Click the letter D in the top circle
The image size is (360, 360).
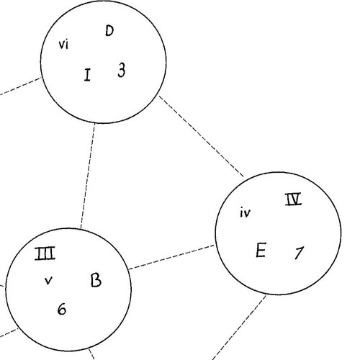click(109, 31)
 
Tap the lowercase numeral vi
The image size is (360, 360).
click(63, 46)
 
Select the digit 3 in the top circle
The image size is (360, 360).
click(121, 70)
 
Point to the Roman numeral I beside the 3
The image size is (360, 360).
click(87, 74)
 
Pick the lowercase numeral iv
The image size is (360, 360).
click(246, 212)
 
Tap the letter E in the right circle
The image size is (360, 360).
click(261, 251)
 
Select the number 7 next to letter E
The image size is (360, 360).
click(299, 253)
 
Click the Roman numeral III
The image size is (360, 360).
click(47, 253)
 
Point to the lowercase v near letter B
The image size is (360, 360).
click(48, 280)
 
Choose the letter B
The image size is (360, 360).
click(96, 280)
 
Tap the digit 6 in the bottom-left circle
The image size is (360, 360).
click(62, 310)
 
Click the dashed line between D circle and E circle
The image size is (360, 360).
click(202, 138)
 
